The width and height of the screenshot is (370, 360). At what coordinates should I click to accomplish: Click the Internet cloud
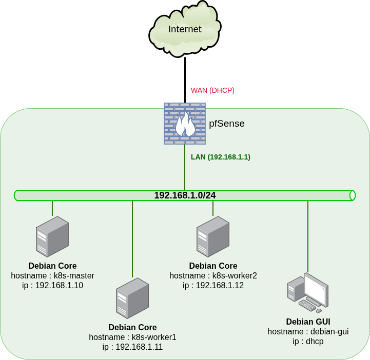click(x=185, y=29)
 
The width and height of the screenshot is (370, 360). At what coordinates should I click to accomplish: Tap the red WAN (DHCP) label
click(x=212, y=90)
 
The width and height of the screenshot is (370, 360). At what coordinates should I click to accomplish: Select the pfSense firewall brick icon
click(x=185, y=124)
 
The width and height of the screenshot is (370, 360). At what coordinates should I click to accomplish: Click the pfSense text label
click(x=227, y=124)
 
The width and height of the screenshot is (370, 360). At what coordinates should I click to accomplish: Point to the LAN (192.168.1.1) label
click(x=221, y=157)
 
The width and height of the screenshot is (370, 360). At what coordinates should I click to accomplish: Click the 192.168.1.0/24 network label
click(x=185, y=195)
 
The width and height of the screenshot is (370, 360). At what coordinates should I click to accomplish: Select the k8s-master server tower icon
click(x=52, y=236)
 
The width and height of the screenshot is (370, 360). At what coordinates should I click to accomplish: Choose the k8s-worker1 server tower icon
click(x=132, y=298)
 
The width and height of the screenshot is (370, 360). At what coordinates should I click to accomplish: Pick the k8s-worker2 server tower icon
click(x=213, y=236)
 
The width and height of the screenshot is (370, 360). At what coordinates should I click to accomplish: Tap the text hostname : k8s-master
click(x=52, y=276)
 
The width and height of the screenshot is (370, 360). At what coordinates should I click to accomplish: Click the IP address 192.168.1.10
click(x=52, y=286)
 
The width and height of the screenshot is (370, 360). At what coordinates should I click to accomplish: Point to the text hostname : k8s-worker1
click(x=132, y=337)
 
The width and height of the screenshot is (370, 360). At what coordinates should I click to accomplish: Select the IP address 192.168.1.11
click(x=132, y=347)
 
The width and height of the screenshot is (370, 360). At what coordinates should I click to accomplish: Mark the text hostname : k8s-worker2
click(x=213, y=276)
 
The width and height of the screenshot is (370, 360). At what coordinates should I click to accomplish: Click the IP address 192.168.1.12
click(x=213, y=286)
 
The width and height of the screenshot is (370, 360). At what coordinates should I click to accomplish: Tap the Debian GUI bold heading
click(x=308, y=322)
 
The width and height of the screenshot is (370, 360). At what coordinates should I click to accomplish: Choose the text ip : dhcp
click(x=308, y=341)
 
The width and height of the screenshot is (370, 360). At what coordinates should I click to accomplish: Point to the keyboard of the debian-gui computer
click(x=307, y=306)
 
